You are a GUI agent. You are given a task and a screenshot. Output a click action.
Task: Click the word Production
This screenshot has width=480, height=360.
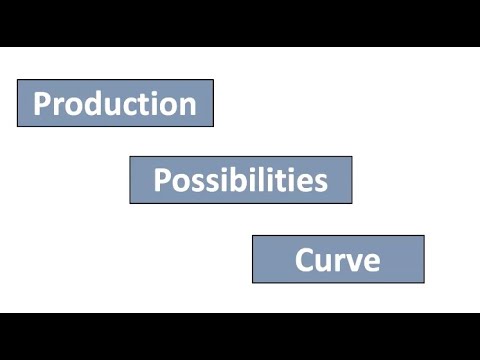point(115,104)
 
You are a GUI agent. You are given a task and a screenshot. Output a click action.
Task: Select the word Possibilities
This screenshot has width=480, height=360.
point(240,181)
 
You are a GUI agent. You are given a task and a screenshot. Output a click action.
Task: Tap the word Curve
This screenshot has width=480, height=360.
point(337,260)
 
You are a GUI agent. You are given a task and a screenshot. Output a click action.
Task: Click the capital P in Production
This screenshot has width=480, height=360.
point(42,104)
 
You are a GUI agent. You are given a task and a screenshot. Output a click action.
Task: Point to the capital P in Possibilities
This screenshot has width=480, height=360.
point(161,181)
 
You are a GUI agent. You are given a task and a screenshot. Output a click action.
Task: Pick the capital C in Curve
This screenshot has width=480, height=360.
point(304,260)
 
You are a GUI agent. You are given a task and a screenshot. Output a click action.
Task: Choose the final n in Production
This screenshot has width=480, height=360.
point(188,106)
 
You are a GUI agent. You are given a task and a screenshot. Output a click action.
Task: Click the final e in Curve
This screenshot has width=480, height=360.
point(370,262)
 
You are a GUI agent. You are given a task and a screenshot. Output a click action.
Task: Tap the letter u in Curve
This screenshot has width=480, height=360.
point(322,262)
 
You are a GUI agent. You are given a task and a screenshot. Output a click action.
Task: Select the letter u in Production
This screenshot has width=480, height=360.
point(108,106)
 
